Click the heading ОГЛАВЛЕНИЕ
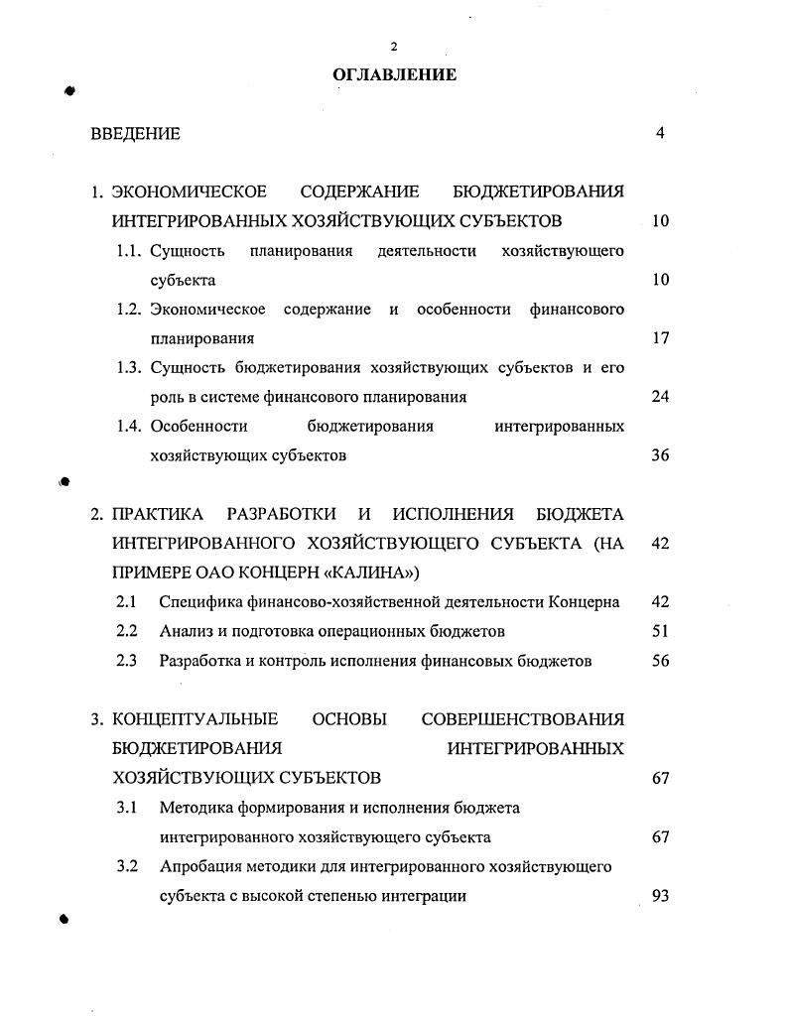click(395, 74)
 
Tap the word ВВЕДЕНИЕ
click(135, 133)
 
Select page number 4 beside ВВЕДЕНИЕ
click(660, 133)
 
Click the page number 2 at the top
click(394, 47)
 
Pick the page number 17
click(661, 338)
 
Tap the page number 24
click(661, 397)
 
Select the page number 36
click(661, 455)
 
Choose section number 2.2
click(126, 630)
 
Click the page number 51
click(661, 630)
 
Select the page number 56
click(661, 660)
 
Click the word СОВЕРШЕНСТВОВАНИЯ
click(523, 718)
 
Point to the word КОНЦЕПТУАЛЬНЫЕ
click(196, 718)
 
